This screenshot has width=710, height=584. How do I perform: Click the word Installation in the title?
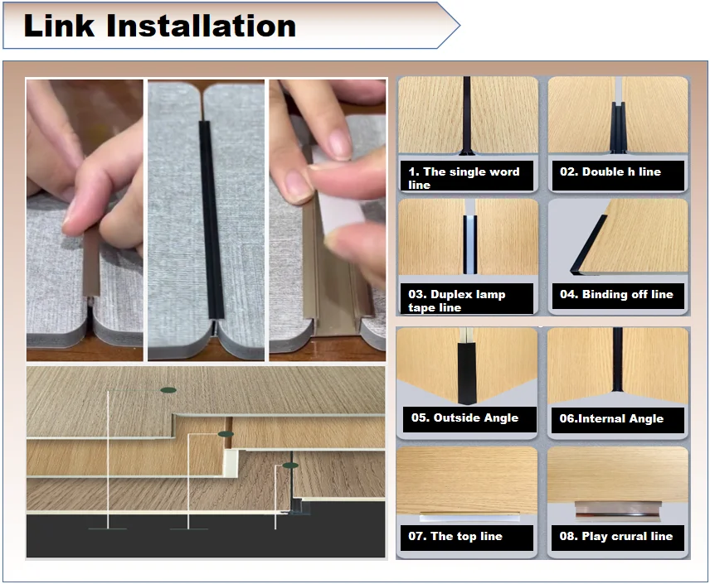pos(201,26)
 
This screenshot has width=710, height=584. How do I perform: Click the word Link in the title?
pos(59,26)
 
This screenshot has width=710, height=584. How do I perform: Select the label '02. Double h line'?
pos(610,172)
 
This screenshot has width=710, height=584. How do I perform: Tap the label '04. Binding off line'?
pos(616,295)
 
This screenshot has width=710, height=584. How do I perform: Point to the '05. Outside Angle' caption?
pos(464,417)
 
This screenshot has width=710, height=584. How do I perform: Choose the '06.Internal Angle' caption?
pos(611,418)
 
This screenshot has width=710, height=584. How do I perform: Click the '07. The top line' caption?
pos(455,536)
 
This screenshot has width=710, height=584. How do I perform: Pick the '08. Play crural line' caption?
pos(615,536)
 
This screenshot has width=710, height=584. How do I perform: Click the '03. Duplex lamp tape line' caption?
pos(456,301)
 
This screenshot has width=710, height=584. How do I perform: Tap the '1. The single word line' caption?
pos(464,178)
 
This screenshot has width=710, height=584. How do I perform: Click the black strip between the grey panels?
pos(211,220)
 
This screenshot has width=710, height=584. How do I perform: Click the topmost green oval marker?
pos(168,390)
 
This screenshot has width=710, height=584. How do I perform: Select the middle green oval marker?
pos(226,434)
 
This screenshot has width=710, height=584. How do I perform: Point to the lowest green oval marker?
pos(290,466)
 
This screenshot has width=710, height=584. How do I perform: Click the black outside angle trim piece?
pos(467,374)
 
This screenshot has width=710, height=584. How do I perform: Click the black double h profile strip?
pos(618,128)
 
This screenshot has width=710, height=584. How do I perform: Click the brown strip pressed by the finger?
pos(91,263)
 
